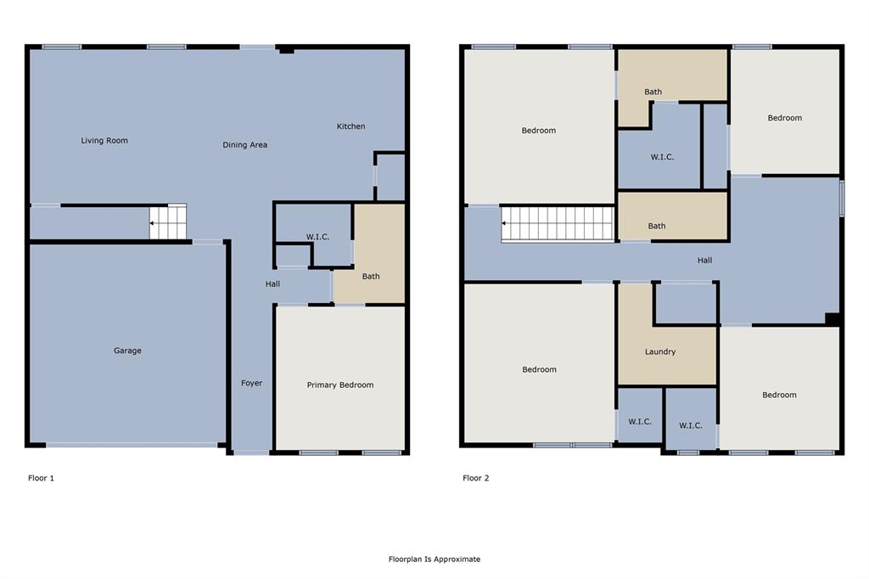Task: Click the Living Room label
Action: [104, 140]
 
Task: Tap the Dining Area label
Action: [245, 145]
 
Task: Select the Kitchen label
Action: [350, 126]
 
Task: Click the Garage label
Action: [128, 351]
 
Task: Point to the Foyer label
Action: [251, 383]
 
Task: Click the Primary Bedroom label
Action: [339, 385]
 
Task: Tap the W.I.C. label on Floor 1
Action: [317, 237]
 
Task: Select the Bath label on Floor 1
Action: [371, 276]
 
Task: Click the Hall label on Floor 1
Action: [272, 284]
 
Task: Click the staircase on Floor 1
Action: [168, 222]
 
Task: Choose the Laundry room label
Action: [659, 351]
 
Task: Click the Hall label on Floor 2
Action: [704, 261]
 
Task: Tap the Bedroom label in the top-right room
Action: [784, 118]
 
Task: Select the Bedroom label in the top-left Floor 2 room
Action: [539, 131]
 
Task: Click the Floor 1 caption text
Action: [41, 478]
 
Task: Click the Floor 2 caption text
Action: [475, 478]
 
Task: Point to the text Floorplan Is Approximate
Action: [434, 559]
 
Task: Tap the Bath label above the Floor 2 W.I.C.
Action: [653, 92]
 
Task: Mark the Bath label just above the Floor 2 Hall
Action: [656, 226]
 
